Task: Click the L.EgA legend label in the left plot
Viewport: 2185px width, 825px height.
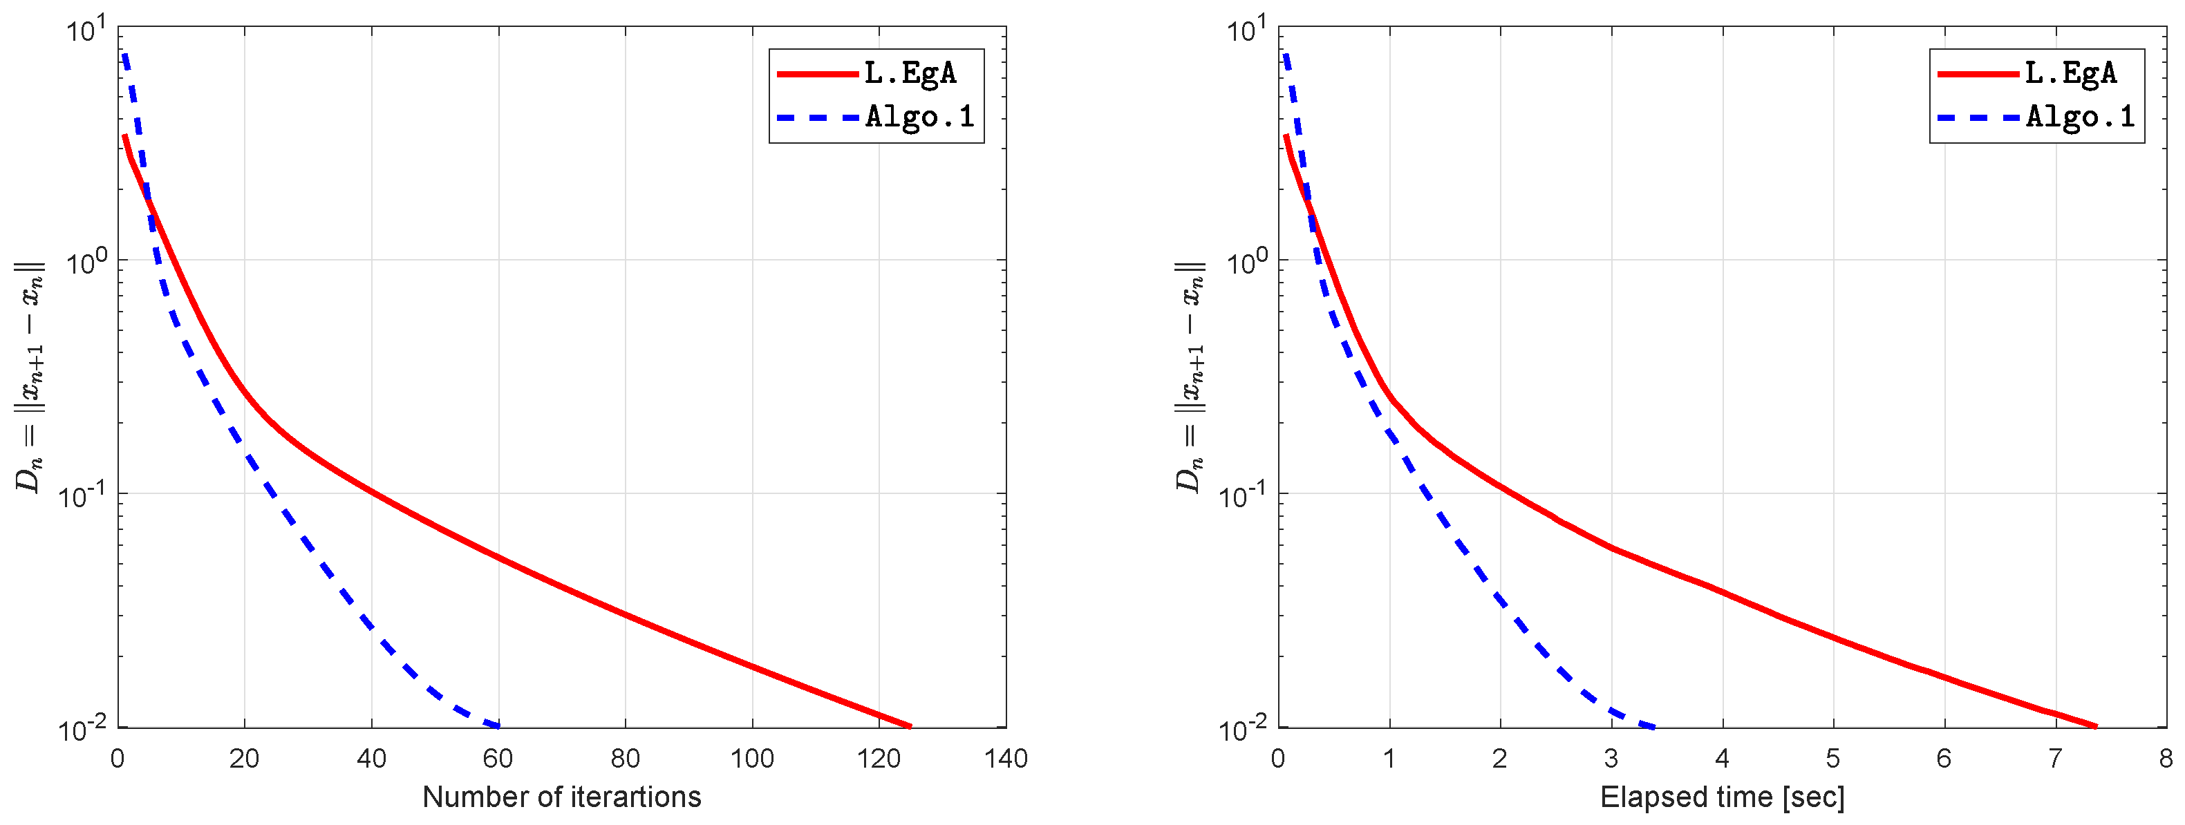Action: [910, 74]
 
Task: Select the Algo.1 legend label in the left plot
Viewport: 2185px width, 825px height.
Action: [919, 116]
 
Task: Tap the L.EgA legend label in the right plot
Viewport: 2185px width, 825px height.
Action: [2070, 74]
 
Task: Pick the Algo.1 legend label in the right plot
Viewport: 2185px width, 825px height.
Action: [2080, 116]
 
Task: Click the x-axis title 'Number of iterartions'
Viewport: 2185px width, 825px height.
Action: [561, 797]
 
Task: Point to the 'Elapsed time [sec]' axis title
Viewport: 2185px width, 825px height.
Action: [1722, 797]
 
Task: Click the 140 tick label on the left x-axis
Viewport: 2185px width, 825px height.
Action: [1006, 758]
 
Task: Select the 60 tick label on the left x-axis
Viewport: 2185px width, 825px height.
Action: [498, 758]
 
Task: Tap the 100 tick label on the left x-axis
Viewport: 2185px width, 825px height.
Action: [751, 758]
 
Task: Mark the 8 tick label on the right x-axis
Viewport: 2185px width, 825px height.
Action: [2166, 758]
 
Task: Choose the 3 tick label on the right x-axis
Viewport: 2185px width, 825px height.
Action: [1611, 758]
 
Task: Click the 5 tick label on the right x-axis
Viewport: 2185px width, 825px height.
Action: [1833, 758]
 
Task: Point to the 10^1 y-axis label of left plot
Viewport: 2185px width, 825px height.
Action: [85, 30]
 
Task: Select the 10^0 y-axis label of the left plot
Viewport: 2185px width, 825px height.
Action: [85, 262]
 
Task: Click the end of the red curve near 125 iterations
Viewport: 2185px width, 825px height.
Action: [909, 726]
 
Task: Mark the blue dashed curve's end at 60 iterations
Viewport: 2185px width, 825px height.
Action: [497, 726]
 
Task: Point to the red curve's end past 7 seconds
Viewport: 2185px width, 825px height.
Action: [2096, 726]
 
